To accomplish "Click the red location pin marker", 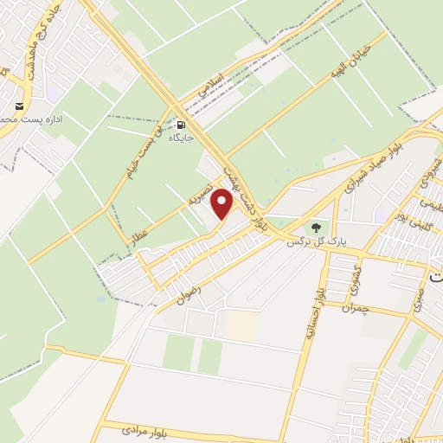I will click(x=223, y=204).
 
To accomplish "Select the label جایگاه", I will click(x=180, y=138).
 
